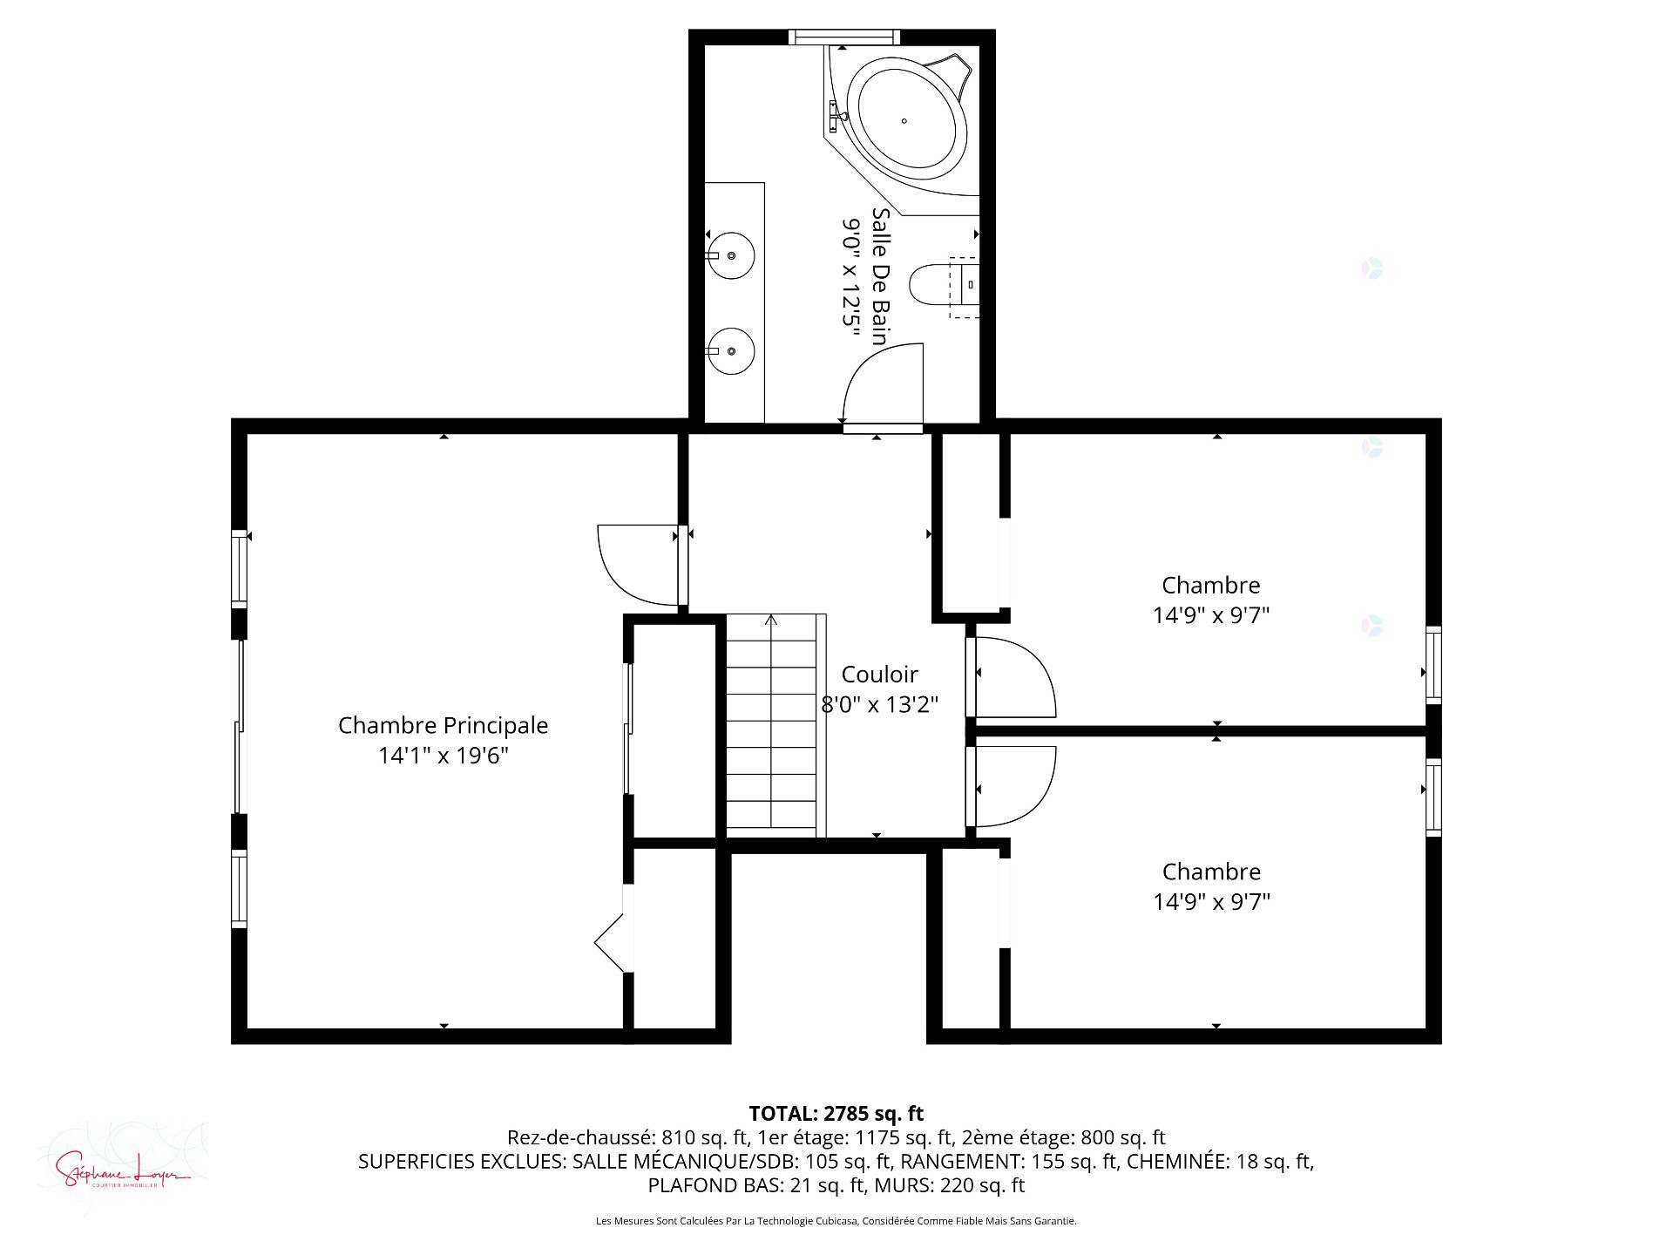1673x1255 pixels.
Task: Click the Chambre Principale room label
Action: [x=443, y=725]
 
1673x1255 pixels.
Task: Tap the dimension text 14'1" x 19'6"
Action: [x=443, y=756]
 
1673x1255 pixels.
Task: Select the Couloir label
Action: [x=879, y=675]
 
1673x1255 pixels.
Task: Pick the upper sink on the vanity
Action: [x=730, y=255]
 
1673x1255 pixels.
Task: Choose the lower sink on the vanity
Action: [x=730, y=350]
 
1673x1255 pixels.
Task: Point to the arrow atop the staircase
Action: [x=771, y=621]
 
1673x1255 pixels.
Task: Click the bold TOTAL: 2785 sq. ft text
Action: [x=836, y=1114]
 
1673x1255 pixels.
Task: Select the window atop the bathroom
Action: [x=843, y=37]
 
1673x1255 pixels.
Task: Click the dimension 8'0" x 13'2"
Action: [x=879, y=704]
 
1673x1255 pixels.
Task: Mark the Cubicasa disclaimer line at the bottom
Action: [x=836, y=1222]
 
